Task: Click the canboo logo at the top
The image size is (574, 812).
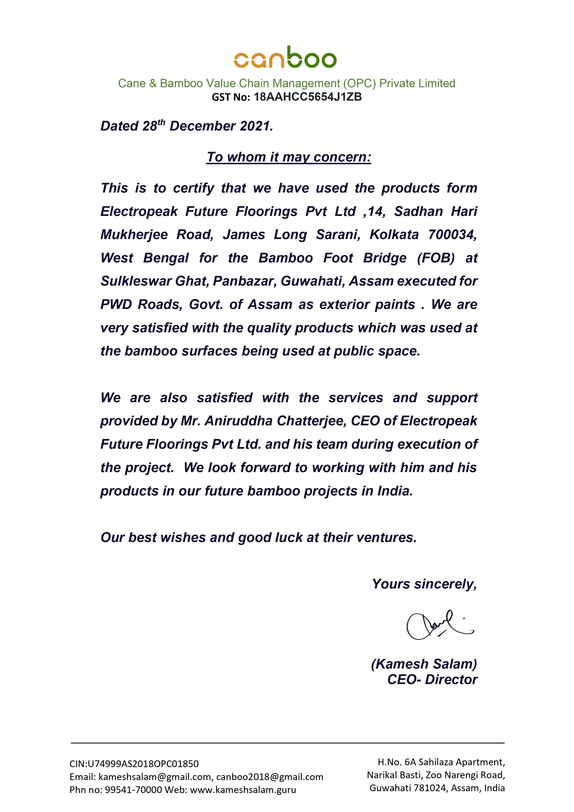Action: (x=285, y=57)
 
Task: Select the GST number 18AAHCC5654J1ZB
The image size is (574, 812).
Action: (x=307, y=97)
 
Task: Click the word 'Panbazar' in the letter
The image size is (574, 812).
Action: (x=245, y=281)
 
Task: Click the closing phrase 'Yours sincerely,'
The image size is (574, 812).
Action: (x=424, y=584)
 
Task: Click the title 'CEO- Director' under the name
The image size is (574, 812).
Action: (x=432, y=679)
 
